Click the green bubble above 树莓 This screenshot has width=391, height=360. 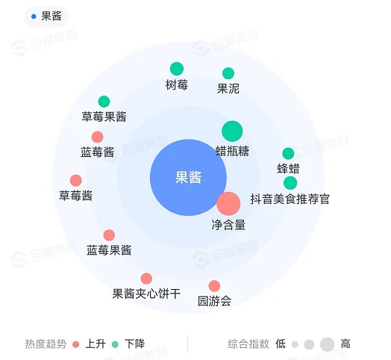(x=177, y=69)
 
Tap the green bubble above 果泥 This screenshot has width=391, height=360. (x=228, y=73)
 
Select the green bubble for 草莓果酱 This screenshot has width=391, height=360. (x=104, y=102)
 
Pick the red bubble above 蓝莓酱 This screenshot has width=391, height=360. (x=98, y=137)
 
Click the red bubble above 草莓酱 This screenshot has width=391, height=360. (x=76, y=181)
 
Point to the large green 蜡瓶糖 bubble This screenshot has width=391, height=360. (x=232, y=131)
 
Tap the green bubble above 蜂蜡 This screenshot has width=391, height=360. (x=288, y=153)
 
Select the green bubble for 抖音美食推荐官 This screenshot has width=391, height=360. (x=290, y=183)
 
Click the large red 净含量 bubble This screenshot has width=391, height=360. (x=228, y=204)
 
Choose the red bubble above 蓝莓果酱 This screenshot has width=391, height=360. (x=109, y=235)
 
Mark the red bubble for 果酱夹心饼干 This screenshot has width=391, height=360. (x=146, y=279)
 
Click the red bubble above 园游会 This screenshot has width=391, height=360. (x=214, y=286)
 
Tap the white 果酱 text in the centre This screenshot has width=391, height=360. (x=188, y=178)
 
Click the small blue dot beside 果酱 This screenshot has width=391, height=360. (x=34, y=16)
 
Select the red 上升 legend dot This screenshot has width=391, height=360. (x=76, y=344)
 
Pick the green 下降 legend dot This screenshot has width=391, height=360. (x=115, y=344)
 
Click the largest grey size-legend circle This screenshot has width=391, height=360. (x=327, y=344)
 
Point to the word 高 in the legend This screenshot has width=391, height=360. (x=345, y=344)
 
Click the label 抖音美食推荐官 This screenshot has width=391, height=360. (x=290, y=199)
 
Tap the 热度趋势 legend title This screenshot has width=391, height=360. (x=46, y=344)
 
